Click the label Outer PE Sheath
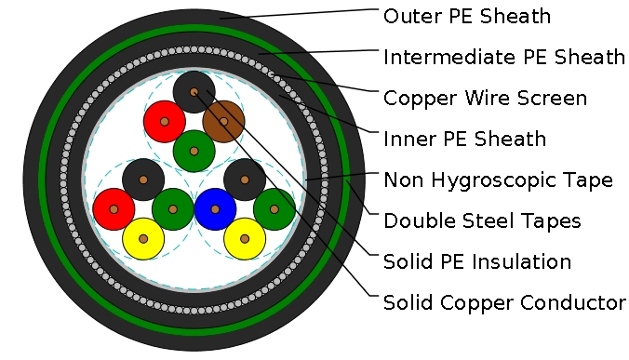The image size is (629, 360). [x=467, y=17]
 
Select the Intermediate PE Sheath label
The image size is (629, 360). [x=503, y=58]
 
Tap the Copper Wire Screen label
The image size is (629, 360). [x=485, y=99]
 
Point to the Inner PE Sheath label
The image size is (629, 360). [x=464, y=140]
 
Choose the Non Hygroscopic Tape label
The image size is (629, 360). [x=498, y=180]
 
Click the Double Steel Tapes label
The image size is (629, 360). [x=482, y=221]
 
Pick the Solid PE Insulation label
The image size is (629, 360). [x=477, y=262]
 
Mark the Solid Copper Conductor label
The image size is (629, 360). [x=503, y=303]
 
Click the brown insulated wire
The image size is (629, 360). [x=223, y=121]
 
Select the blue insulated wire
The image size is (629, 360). [x=215, y=209]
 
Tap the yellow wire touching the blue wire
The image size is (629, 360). [x=245, y=239]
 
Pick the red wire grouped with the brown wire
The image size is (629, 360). [x=164, y=121]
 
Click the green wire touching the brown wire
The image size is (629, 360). [x=194, y=151]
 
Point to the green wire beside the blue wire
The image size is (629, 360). [x=274, y=209]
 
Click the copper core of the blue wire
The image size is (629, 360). [x=215, y=209]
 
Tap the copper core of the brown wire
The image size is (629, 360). [x=223, y=121]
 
